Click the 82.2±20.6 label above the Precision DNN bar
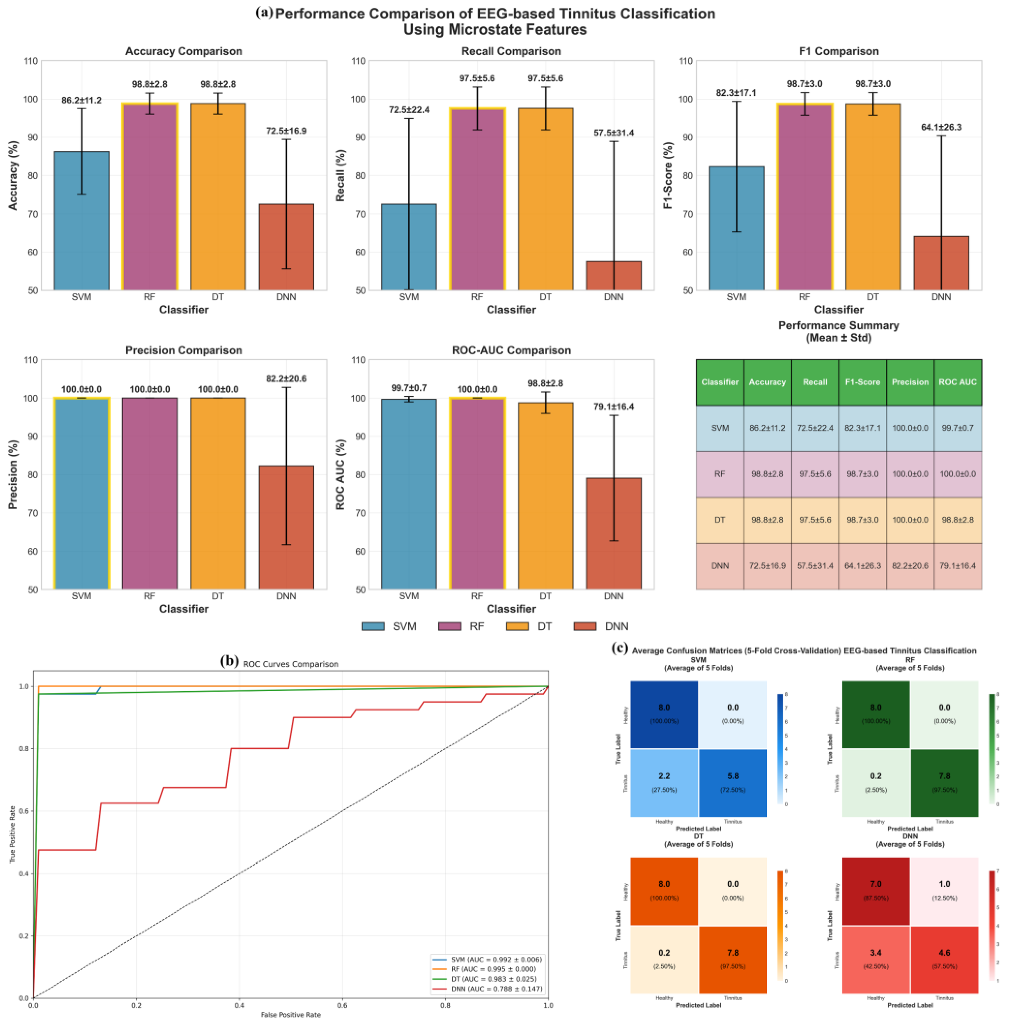tap(286, 379)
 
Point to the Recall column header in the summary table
tap(815, 382)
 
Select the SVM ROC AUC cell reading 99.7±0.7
tap(957, 428)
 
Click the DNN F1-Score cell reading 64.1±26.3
tap(862, 566)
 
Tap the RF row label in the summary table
tap(720, 474)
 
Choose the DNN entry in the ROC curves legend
tap(486, 989)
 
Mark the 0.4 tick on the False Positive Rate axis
tap(239, 1006)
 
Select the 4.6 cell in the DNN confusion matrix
tap(944, 959)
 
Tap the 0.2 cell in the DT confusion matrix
tap(664, 959)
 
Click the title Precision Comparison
tap(183, 350)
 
